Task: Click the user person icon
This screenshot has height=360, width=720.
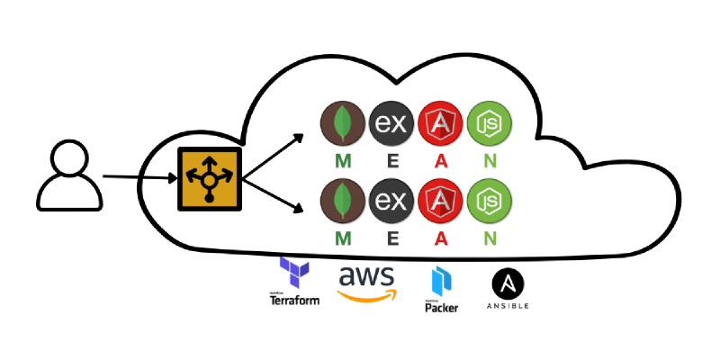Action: pos(66,176)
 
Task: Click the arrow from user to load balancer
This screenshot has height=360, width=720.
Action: pos(139,178)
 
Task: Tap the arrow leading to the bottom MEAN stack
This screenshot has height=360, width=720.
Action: pos(274,200)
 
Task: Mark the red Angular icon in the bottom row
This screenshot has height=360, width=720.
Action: pos(440,203)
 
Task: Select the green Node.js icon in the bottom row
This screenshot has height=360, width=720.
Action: pos(489,203)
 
